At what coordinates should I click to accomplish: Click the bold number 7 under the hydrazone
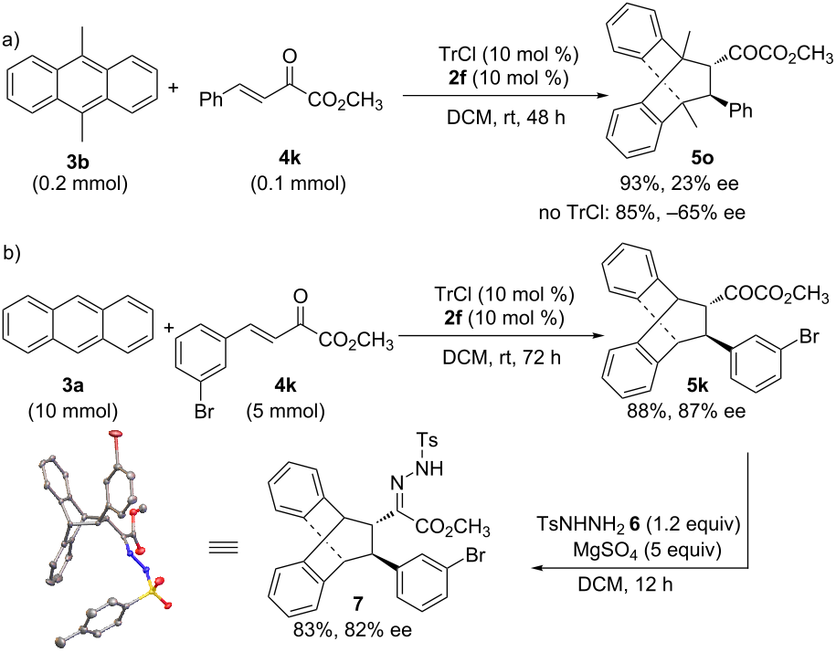coord(358,605)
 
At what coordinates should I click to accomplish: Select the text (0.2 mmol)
coord(79,184)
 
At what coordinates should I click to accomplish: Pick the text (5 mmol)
coord(285,411)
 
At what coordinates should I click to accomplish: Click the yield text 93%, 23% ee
coord(679,184)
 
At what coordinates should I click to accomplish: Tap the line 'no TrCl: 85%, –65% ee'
coord(641,213)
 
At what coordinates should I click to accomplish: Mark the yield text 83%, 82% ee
coord(353,630)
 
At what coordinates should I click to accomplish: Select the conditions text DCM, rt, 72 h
coord(502,357)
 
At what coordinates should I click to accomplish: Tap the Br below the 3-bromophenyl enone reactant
coord(203,413)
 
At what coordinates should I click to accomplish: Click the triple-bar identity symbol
coord(223,548)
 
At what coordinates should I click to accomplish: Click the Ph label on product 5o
coord(741,110)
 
